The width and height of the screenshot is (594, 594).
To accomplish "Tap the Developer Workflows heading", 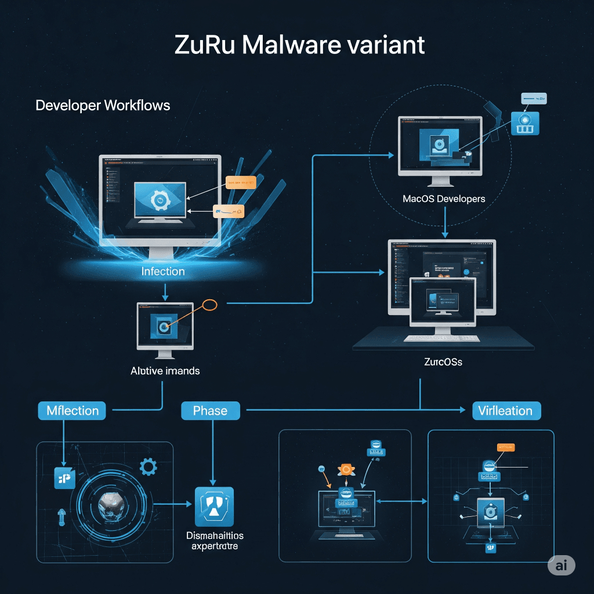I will (103, 106).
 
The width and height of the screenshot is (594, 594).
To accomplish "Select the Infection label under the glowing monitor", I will (163, 271).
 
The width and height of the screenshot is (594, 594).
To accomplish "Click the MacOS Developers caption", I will (444, 198).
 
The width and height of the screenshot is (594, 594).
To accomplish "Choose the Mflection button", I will (73, 411).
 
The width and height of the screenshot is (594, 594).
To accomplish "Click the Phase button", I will (210, 411).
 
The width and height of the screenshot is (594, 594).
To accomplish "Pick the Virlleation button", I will (505, 411).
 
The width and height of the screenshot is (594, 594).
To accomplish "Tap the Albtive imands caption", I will (165, 371).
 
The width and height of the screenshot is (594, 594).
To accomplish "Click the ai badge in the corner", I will (561, 566).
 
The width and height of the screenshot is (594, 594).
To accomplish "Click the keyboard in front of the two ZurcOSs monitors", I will (442, 338).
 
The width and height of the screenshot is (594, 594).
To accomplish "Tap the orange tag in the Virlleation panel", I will (506, 447).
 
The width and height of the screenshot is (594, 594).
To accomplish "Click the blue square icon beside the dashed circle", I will (526, 122).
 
